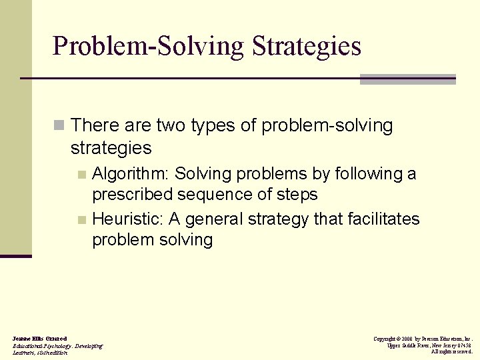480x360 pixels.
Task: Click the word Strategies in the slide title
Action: [307, 47]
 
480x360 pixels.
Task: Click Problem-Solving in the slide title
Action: [149, 47]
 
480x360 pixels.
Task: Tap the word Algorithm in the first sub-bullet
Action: [130, 175]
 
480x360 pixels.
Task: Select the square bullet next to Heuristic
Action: [82, 220]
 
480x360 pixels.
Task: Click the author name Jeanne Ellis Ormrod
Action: [39, 339]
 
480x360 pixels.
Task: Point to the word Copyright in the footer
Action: [385, 339]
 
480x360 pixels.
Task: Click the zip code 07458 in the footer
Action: [464, 345]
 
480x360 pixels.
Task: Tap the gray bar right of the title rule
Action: [407, 79]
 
